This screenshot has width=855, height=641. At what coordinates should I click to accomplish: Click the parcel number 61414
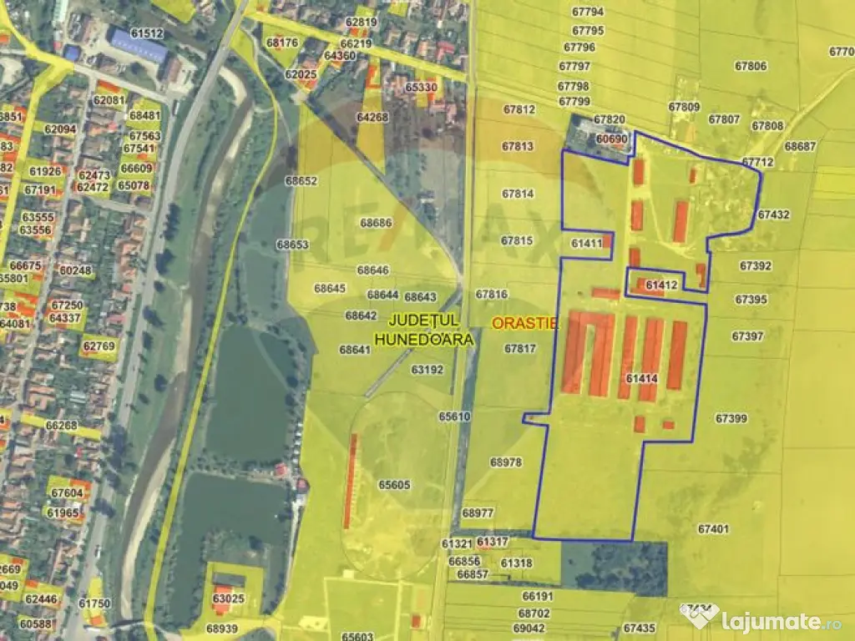[x=641, y=378]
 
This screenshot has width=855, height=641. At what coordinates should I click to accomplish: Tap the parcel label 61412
[x=661, y=285]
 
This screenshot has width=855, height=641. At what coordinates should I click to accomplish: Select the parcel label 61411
[x=587, y=243]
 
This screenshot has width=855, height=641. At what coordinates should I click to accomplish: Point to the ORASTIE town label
[x=525, y=323]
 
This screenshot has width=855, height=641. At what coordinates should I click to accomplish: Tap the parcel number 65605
[x=394, y=484]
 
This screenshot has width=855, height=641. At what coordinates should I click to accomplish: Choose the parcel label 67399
[x=731, y=417]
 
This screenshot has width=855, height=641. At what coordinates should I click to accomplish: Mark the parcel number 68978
[x=506, y=462]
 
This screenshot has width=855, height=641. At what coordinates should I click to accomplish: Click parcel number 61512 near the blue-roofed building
[x=147, y=33]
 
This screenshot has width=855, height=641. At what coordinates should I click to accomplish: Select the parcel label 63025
[x=228, y=598]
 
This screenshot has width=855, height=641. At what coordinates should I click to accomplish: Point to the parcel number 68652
[x=301, y=180]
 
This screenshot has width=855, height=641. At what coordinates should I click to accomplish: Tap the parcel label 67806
[x=750, y=66]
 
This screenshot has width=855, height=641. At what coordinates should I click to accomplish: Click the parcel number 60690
[x=612, y=139]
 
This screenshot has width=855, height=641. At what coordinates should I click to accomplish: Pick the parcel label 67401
[x=713, y=528]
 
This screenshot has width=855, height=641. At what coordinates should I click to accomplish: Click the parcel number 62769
[x=99, y=345]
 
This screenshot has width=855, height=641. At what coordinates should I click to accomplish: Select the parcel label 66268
[x=62, y=426]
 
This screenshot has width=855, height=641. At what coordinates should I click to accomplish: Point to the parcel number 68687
[x=800, y=146]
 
